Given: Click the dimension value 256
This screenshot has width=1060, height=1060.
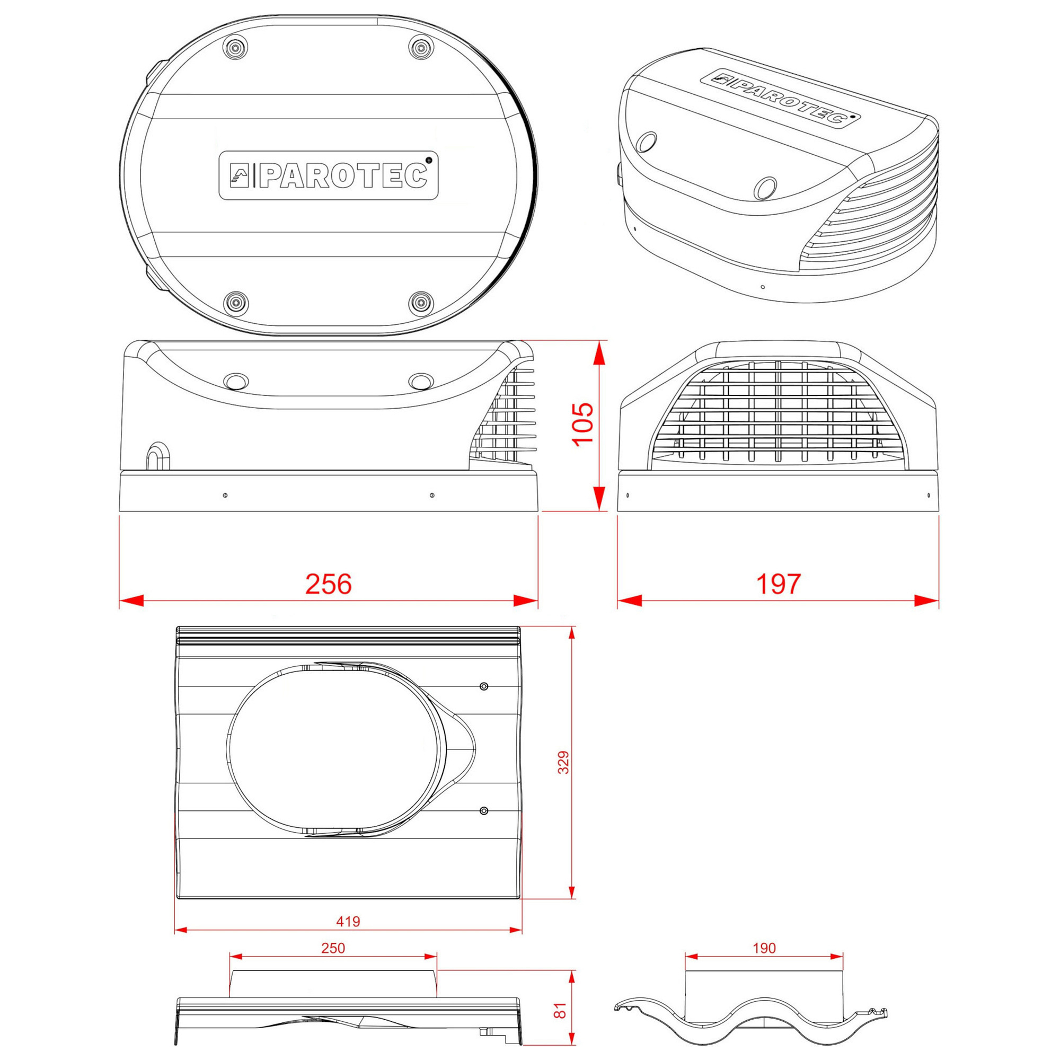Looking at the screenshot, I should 328,584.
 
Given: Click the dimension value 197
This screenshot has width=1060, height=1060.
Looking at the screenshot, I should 778,584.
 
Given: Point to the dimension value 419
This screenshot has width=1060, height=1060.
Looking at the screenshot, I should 348,921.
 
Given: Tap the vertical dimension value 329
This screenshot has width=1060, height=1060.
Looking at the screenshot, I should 563,763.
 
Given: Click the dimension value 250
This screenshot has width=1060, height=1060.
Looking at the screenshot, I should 333,948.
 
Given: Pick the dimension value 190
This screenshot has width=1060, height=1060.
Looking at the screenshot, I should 764,948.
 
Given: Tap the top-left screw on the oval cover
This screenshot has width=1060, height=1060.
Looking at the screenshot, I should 235,47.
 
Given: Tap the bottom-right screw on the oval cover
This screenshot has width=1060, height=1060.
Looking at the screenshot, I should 421,302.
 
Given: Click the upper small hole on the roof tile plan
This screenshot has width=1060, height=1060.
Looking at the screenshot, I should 483,686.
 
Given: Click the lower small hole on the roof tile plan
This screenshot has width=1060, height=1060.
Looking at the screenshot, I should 483,811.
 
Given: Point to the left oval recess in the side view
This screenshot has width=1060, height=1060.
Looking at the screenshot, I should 236,381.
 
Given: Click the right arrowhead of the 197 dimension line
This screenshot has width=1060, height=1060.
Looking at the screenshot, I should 927,601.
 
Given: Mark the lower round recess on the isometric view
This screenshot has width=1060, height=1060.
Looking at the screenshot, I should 765,188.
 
